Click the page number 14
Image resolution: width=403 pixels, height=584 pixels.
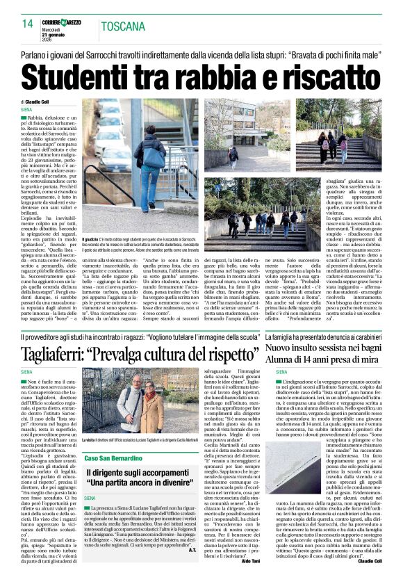27,24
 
